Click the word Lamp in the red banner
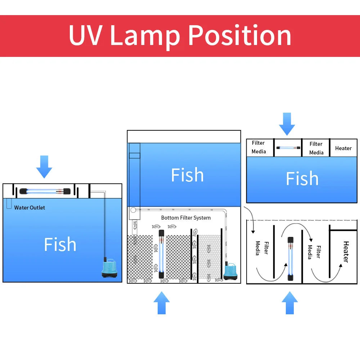[x=145, y=35]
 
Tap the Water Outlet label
[x=30, y=208]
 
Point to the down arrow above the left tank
[x=44, y=167]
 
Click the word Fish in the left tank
[x=60, y=244]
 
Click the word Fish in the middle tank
[x=187, y=175]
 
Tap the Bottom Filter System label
[x=186, y=218]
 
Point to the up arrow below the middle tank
[x=162, y=303]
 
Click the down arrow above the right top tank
[x=287, y=124]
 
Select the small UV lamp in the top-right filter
[x=288, y=148]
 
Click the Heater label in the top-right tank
[x=343, y=148]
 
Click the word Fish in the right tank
[x=302, y=179]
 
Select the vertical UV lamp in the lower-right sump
[x=290, y=258]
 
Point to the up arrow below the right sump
[x=290, y=303]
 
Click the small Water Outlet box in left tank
[x=9, y=205]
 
